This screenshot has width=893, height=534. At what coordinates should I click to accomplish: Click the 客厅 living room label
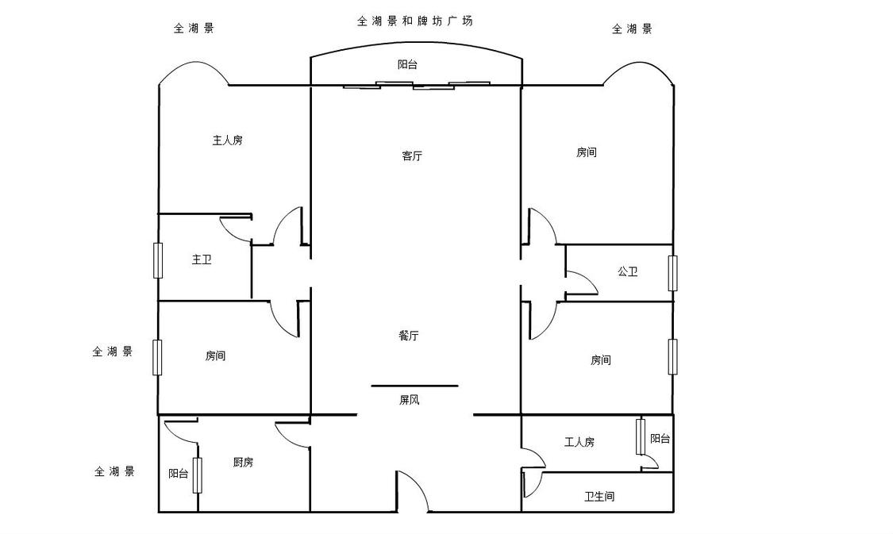(411, 156)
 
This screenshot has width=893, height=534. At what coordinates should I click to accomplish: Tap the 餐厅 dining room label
(408, 336)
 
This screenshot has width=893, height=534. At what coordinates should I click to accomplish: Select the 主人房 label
(227, 140)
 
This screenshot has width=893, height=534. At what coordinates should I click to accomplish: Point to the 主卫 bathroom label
(202, 259)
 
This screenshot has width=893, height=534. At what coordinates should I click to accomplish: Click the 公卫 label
(627, 271)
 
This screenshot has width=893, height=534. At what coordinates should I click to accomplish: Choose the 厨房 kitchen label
(243, 463)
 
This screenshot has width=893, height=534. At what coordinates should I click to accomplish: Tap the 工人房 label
(579, 442)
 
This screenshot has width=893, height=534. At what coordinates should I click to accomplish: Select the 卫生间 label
(599, 497)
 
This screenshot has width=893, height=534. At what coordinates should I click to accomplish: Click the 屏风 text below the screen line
(409, 400)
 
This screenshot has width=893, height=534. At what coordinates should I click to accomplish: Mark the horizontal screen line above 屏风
(414, 386)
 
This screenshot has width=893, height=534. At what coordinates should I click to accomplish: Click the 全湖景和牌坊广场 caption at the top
(414, 21)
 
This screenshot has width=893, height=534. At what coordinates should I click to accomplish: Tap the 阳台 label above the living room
(407, 65)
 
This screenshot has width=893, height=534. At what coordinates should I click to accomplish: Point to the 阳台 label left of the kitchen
(179, 474)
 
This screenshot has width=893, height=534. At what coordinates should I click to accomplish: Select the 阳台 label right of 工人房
(660, 438)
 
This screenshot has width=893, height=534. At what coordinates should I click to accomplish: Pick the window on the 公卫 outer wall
(672, 273)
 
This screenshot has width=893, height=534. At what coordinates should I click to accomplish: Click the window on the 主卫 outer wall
(158, 260)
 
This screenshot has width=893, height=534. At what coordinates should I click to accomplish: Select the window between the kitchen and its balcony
(197, 474)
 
